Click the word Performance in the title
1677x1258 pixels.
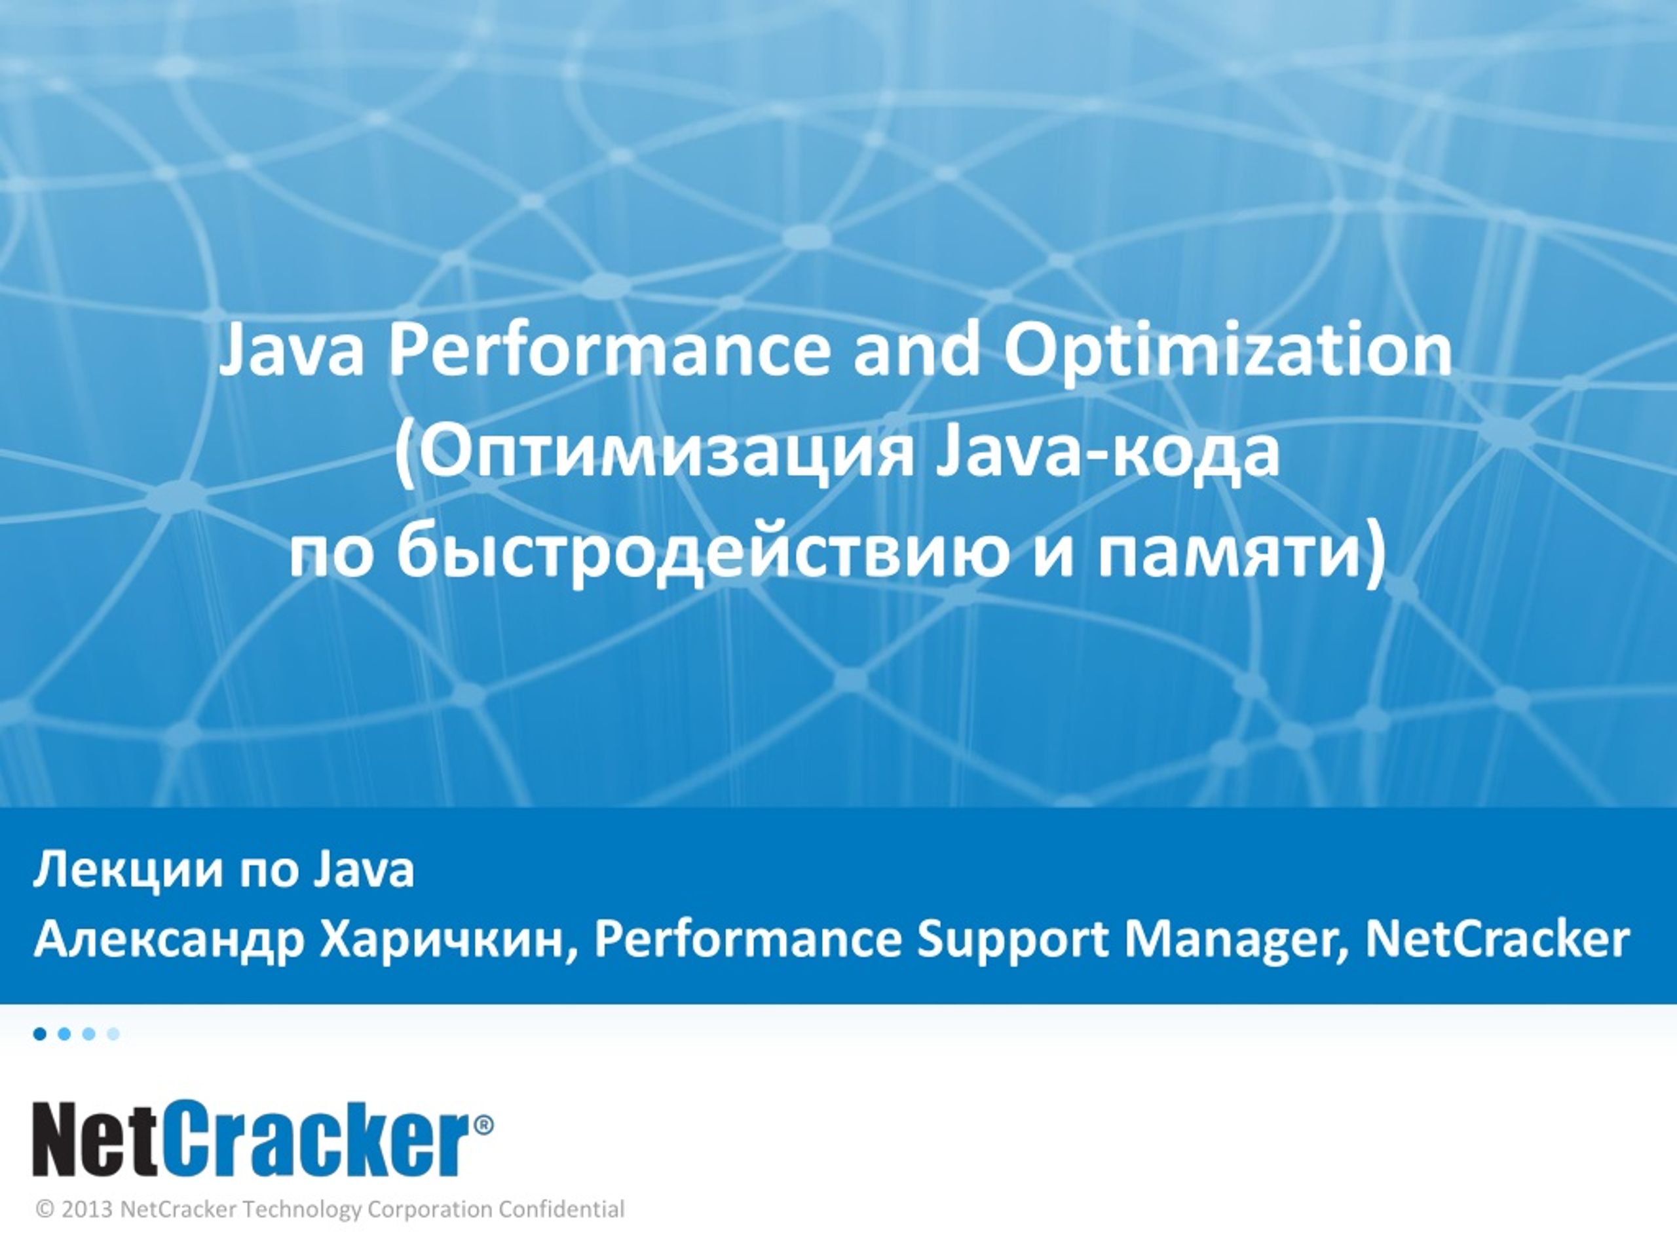(x=609, y=351)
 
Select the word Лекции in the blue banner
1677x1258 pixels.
(x=129, y=871)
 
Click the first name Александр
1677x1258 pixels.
(x=168, y=941)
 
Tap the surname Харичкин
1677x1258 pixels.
(x=444, y=941)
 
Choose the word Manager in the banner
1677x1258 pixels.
(x=1235, y=941)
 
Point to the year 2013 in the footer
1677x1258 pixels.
(x=87, y=1210)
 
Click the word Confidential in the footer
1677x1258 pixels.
(x=562, y=1210)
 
